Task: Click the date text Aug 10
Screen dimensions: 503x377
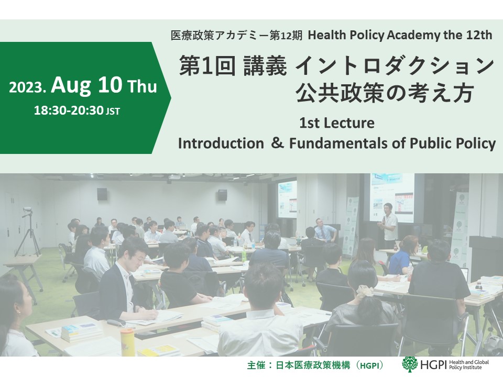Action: (x=86, y=86)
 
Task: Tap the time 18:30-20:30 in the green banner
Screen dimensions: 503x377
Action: (x=69, y=110)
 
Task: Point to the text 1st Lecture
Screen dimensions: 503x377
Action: (x=336, y=123)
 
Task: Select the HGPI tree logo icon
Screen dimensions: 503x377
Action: (x=410, y=364)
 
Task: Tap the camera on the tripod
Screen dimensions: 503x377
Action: (x=28, y=211)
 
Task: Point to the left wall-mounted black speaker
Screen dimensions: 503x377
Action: (x=102, y=194)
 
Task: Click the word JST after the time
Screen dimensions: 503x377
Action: (x=113, y=112)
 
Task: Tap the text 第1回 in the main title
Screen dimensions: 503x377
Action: (x=207, y=66)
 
